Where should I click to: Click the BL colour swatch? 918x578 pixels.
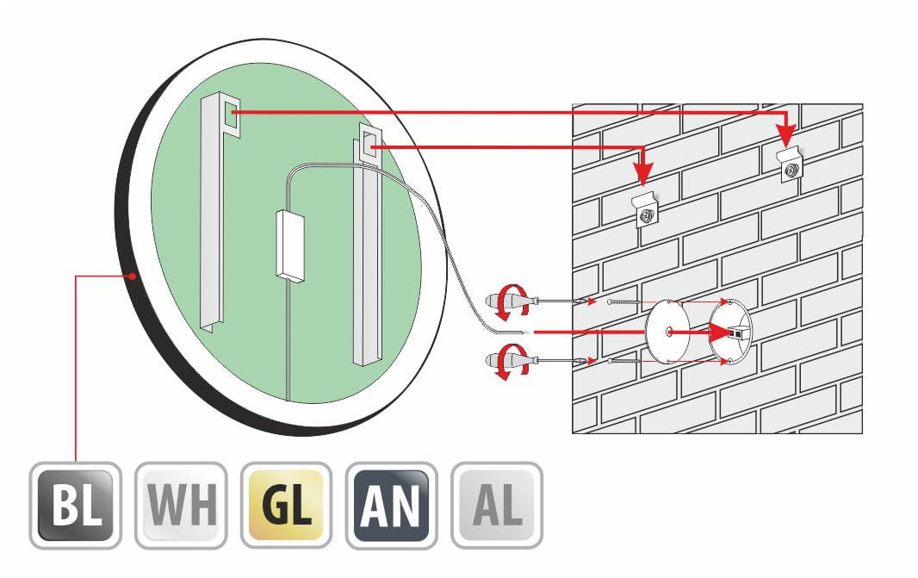76,506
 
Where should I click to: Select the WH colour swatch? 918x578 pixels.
181,506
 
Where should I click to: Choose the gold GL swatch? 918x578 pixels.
286,506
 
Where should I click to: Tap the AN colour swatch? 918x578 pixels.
392,506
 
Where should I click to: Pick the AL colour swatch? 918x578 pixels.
497,506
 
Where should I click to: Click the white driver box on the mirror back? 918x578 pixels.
290,246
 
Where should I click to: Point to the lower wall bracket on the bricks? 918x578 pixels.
646,209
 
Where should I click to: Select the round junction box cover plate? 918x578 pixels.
667,332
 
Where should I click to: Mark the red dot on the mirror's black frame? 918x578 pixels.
133,276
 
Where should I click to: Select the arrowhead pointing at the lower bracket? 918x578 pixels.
643,173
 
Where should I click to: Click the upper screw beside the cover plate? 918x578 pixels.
624,301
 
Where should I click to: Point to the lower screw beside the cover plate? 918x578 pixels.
624,361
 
